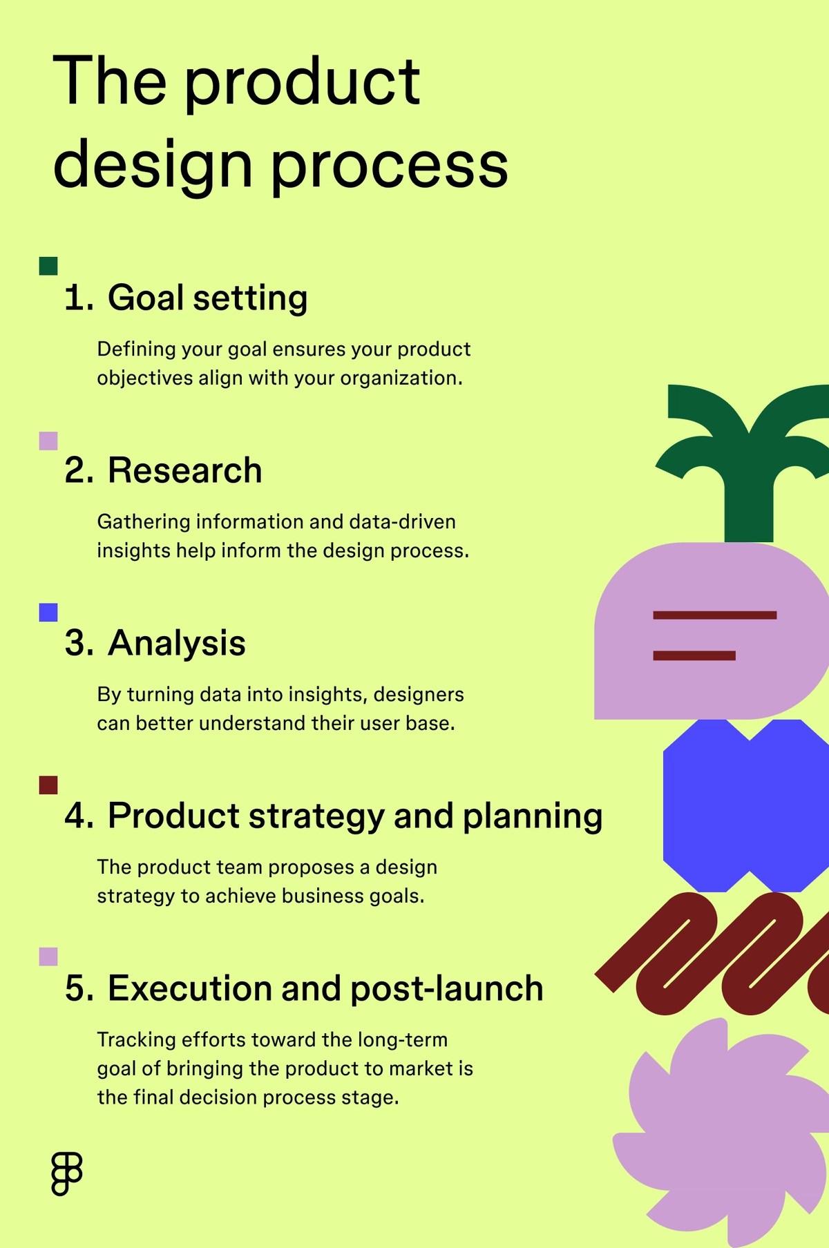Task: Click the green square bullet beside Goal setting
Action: pyautogui.click(x=48, y=266)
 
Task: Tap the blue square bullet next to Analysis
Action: pyautogui.click(x=48, y=612)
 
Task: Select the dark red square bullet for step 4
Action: pyautogui.click(x=48, y=785)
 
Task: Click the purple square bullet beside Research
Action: pyautogui.click(x=48, y=441)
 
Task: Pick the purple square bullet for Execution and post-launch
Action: pyautogui.click(x=48, y=957)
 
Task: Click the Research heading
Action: pyautogui.click(x=184, y=471)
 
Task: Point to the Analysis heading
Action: pyautogui.click(x=176, y=644)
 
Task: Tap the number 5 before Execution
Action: pyautogui.click(x=78, y=988)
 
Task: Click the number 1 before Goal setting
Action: pyautogui.click(x=78, y=298)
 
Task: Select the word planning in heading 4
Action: pyautogui.click(x=532, y=816)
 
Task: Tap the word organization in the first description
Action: pyautogui.click(x=400, y=378)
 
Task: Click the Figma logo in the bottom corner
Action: pyautogui.click(x=66, y=1173)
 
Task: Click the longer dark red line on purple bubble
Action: pyautogui.click(x=714, y=615)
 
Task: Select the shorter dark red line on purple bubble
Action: pyautogui.click(x=694, y=655)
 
